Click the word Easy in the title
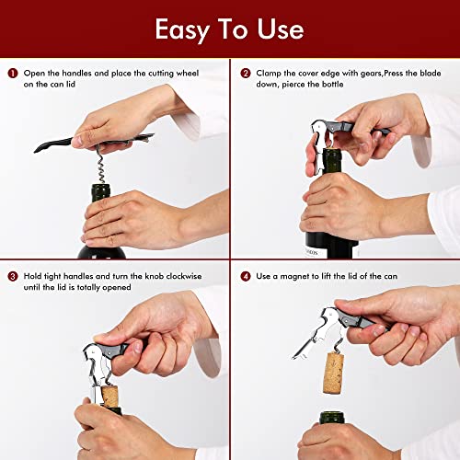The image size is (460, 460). [183, 29]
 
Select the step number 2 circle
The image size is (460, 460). [246, 73]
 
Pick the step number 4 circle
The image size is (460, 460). [246, 275]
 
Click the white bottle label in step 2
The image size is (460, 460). [327, 246]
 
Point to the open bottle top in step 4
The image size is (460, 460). [342, 419]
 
